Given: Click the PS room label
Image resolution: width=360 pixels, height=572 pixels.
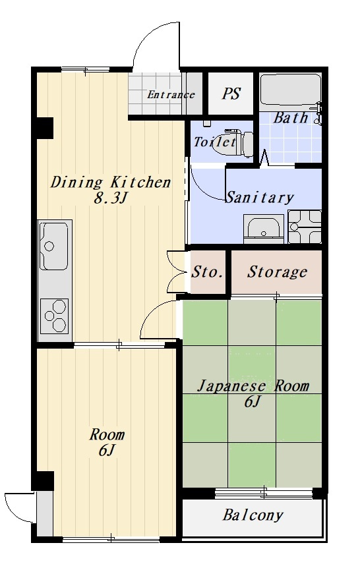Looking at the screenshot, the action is click(x=231, y=94).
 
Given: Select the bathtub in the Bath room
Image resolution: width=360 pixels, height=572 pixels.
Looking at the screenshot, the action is click(x=290, y=89).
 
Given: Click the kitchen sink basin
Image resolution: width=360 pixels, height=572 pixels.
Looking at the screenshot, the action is click(x=53, y=246).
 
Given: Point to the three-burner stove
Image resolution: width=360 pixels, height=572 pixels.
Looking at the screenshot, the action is click(x=55, y=316).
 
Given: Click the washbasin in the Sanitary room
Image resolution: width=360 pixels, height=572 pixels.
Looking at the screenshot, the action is click(x=264, y=228).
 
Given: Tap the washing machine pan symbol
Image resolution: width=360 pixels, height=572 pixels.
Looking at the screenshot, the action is click(x=305, y=227).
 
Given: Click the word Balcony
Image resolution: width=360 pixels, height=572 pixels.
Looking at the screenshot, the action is click(x=253, y=515).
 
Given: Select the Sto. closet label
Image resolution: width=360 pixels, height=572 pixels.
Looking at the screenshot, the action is click(x=207, y=272).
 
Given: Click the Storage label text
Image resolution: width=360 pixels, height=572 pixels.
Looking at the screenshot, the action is click(x=277, y=272).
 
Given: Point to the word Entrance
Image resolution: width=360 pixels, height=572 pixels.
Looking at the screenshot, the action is click(x=171, y=95).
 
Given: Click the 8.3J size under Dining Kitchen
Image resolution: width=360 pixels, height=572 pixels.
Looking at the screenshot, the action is click(x=110, y=198).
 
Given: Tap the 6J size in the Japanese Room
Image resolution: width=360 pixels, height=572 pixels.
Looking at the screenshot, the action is click(x=253, y=401).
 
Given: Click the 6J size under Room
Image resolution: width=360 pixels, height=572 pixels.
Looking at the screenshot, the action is click(x=107, y=451).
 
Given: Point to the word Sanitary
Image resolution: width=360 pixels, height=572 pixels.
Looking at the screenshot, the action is click(x=260, y=197).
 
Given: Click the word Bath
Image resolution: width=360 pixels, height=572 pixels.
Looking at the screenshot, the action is click(x=291, y=117).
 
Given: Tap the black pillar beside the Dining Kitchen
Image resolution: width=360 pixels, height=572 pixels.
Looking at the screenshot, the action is click(x=45, y=128).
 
